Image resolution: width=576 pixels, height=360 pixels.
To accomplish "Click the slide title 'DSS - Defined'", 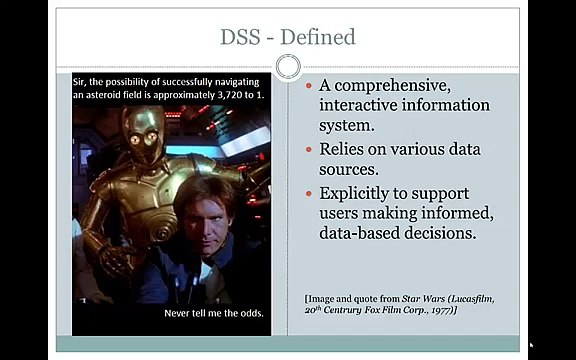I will (x=287, y=38).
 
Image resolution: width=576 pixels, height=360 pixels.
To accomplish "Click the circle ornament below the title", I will (x=288, y=67).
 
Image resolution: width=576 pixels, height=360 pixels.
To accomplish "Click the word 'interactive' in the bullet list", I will (x=360, y=105).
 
